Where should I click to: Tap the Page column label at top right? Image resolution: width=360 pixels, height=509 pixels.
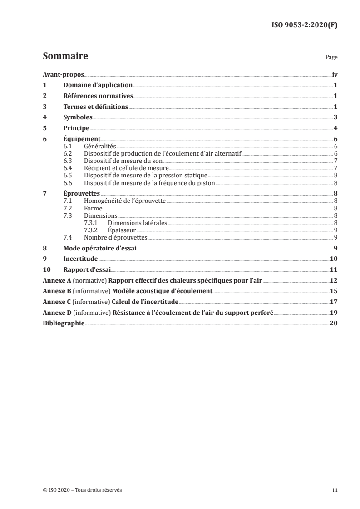click(x=331, y=58)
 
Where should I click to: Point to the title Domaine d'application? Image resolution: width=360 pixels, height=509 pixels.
click(x=98, y=85)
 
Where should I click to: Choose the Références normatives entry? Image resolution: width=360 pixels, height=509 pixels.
click(x=98, y=96)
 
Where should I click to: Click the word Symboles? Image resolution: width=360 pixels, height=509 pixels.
click(x=78, y=117)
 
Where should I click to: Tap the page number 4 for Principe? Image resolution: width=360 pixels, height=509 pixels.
click(x=335, y=128)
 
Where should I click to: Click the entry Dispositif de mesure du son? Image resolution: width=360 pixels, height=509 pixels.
click(x=123, y=161)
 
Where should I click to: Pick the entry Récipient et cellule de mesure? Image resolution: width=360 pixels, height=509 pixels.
click(x=126, y=168)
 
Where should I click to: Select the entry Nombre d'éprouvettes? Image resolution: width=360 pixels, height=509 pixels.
click(x=116, y=237)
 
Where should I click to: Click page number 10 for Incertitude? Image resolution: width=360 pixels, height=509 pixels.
click(x=333, y=259)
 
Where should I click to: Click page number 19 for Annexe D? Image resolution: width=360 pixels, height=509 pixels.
click(x=333, y=313)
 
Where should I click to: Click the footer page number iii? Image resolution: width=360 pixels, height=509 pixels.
click(x=334, y=490)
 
